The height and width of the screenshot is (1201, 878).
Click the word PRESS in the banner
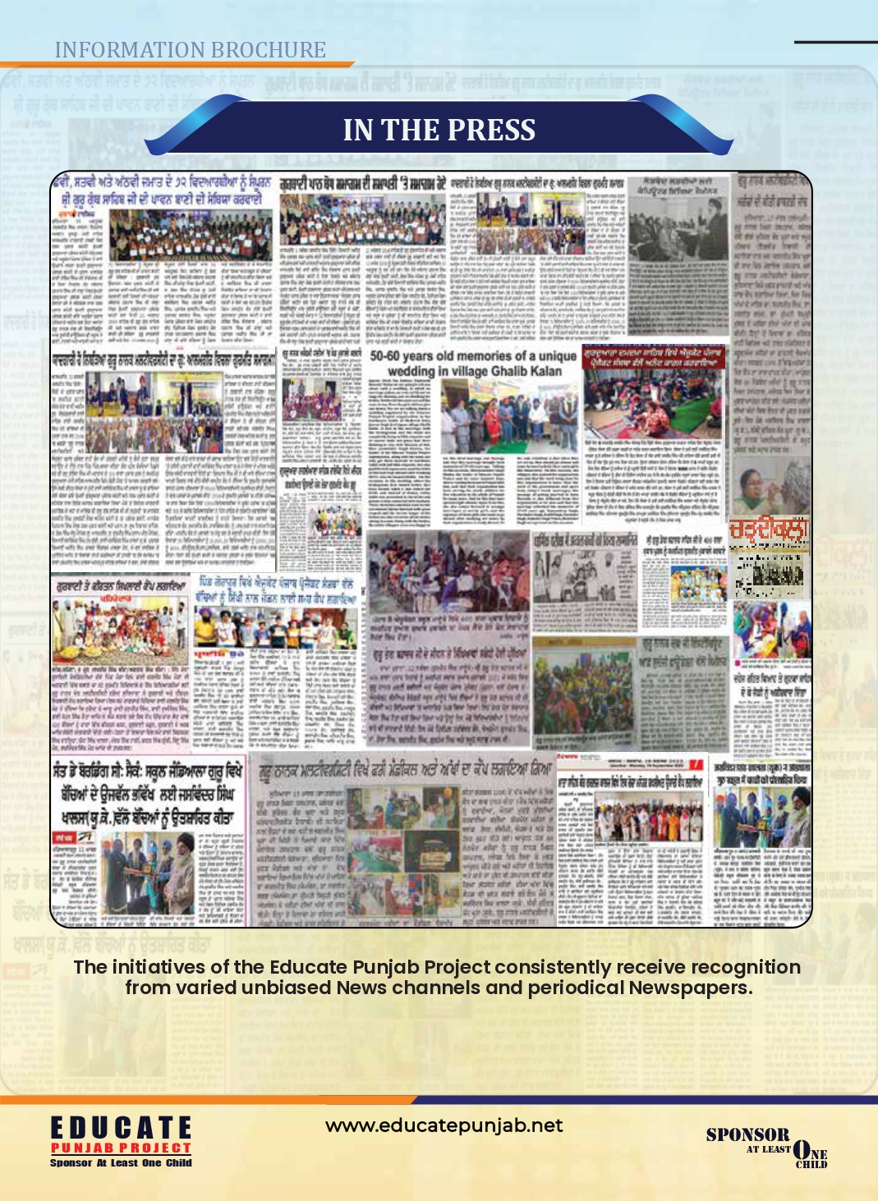491,131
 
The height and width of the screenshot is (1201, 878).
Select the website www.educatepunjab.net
444,1125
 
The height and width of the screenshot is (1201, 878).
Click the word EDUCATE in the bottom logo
121,1128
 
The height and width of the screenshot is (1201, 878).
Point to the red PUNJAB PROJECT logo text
121,1148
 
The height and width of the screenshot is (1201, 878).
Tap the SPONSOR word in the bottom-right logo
747,1135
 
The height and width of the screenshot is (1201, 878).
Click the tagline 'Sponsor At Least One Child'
121,1162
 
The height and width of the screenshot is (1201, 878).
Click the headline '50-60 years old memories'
472,356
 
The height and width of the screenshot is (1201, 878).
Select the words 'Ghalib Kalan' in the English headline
526,371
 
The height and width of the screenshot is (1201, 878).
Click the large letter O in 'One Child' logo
802,1151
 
